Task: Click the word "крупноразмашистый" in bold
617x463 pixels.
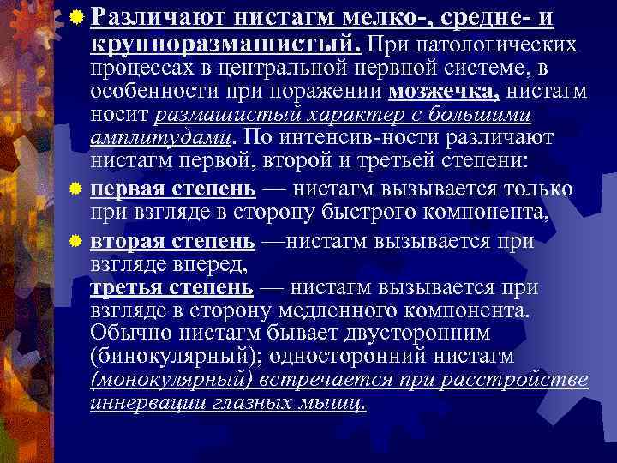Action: (226, 42)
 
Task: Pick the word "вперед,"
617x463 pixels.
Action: (216, 262)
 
